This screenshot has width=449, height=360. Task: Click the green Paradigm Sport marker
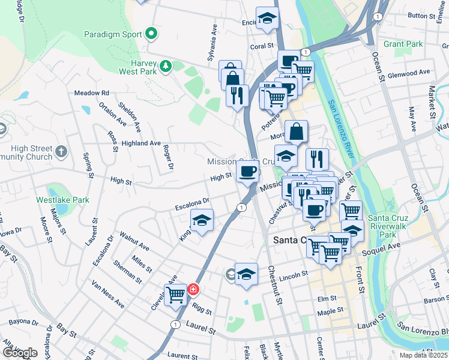[x=151, y=34]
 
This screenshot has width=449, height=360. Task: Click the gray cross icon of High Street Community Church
[x=61, y=153]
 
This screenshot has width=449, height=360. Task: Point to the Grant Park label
[x=403, y=44]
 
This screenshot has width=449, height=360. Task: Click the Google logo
[x=20, y=353]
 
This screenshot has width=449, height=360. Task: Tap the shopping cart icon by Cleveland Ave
[x=176, y=295]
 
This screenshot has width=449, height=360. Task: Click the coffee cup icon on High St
[x=247, y=172]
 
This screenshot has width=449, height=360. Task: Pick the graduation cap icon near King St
[x=202, y=220]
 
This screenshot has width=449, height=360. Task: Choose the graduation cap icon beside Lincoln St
[x=246, y=274]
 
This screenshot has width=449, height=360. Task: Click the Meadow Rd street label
[x=91, y=93]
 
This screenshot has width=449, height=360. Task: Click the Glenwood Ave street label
[x=409, y=73]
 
